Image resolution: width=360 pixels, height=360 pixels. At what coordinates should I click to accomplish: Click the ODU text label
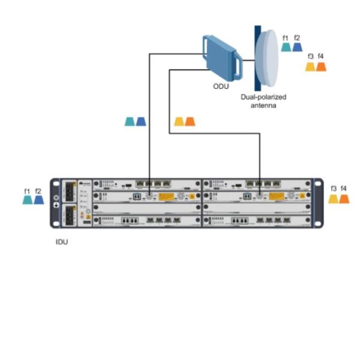(x=221, y=86)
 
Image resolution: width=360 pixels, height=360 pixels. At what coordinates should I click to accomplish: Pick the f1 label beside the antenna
(x=286, y=38)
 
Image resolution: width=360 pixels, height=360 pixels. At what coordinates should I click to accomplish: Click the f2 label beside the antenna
(x=297, y=38)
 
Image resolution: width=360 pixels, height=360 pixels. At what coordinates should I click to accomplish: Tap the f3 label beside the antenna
(x=310, y=56)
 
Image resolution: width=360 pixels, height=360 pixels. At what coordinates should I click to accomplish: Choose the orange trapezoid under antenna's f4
(x=321, y=66)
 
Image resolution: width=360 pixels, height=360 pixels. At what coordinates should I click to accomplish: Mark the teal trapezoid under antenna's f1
(x=286, y=47)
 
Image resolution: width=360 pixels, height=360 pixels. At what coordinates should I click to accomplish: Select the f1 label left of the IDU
(x=27, y=191)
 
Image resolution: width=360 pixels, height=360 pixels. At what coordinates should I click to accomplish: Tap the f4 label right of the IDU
(x=344, y=189)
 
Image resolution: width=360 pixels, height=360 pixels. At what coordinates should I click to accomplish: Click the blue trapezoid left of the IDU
(x=38, y=200)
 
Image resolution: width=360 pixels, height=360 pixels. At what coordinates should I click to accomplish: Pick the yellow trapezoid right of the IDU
(x=333, y=199)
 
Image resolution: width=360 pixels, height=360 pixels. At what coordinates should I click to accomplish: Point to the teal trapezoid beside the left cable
(x=130, y=121)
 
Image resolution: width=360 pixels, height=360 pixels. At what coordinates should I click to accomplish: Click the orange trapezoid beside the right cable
(x=190, y=121)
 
